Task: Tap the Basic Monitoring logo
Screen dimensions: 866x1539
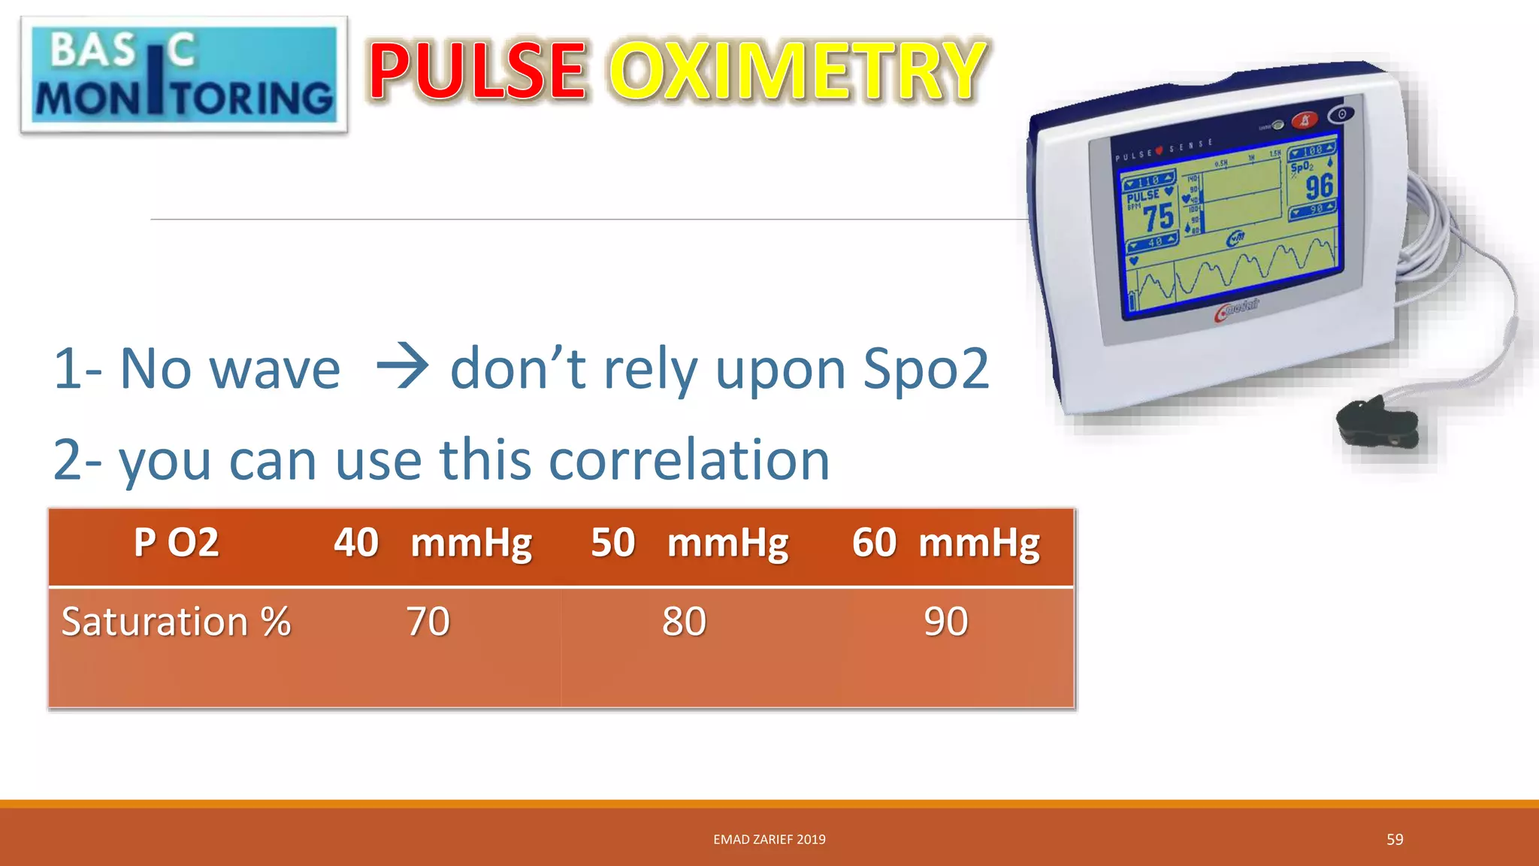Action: click(x=184, y=75)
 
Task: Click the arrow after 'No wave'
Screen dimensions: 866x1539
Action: click(x=402, y=368)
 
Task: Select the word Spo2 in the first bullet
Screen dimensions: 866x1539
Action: click(x=926, y=368)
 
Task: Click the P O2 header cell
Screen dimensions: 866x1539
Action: click(x=176, y=543)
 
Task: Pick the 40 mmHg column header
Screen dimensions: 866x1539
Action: click(x=433, y=543)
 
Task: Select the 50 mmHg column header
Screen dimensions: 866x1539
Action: click(x=689, y=543)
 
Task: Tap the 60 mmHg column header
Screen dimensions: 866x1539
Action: click(x=945, y=543)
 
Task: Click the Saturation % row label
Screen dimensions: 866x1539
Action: click(x=176, y=622)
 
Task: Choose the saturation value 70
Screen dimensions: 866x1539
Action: click(x=428, y=622)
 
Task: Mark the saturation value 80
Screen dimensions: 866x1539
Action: click(x=684, y=622)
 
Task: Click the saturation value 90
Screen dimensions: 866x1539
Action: click(x=945, y=622)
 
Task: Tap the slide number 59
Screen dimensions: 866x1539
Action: click(x=1395, y=839)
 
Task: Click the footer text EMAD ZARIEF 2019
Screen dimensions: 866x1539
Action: click(x=769, y=839)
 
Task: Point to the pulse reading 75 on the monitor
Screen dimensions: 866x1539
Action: click(x=1158, y=217)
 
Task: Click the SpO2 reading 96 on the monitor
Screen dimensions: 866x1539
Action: click(x=1319, y=186)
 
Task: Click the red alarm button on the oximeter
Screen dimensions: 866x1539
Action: click(x=1305, y=120)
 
